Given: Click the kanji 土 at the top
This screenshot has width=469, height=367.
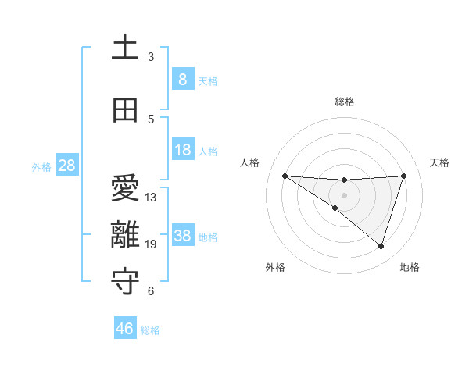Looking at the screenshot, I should [125, 47].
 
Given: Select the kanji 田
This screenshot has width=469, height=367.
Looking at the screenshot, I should [125, 111].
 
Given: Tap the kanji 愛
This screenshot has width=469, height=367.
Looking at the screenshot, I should [125, 188].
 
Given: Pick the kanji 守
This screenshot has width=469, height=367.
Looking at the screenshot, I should [125, 282].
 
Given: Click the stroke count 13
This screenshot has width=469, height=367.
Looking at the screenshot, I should [151, 198].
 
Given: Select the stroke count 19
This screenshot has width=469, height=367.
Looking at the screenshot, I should [151, 244].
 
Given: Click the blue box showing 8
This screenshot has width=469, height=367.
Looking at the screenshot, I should [182, 80].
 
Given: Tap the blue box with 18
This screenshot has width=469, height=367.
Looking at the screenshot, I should [182, 150].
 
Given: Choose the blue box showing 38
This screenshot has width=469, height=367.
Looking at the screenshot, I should [182, 236].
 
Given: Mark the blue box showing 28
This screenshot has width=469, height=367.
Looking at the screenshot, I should [66, 166].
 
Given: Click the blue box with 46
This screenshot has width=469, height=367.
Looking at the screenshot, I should [125, 329].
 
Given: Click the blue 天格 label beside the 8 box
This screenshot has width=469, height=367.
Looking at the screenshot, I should [208, 80].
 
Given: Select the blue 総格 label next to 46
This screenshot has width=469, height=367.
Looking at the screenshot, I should [150, 330].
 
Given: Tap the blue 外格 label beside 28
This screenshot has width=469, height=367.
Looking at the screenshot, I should [41, 166].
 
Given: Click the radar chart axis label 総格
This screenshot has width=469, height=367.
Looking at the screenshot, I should [344, 102].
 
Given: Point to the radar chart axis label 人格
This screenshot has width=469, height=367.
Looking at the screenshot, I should [249, 162].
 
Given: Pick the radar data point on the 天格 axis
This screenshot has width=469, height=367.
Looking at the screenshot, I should [404, 176].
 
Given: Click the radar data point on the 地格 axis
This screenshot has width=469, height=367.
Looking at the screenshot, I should [381, 246].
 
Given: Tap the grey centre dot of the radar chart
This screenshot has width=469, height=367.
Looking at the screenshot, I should [344, 195].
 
